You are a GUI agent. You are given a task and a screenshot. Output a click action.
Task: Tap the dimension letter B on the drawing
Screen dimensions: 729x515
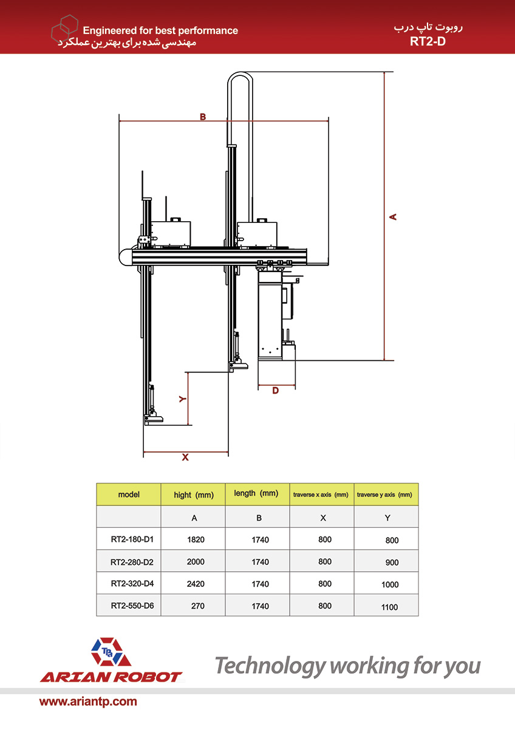coord(203,117)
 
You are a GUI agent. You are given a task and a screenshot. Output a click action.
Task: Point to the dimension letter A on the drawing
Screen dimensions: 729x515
coord(393,216)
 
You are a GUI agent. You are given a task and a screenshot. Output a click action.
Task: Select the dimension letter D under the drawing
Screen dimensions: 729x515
coord(275,391)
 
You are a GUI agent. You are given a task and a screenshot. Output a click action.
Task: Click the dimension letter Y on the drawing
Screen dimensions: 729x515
coord(182,399)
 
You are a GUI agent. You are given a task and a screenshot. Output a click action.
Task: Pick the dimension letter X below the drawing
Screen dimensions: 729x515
coord(185,457)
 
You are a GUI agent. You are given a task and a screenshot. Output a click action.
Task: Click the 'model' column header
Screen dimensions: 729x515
coord(129,495)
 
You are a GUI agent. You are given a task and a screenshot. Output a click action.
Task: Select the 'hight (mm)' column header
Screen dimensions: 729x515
coord(194,495)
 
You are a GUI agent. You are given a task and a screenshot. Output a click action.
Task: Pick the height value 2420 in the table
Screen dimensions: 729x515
coord(196,584)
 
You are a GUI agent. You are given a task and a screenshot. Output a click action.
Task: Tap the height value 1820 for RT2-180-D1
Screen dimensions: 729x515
coord(196,539)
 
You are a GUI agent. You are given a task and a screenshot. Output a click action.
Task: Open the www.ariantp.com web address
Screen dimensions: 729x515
coord(88,702)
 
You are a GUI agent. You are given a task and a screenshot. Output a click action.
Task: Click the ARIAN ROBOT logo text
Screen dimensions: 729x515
coord(111,677)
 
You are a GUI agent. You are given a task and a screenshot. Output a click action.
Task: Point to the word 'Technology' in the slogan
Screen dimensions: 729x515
coord(270,666)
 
